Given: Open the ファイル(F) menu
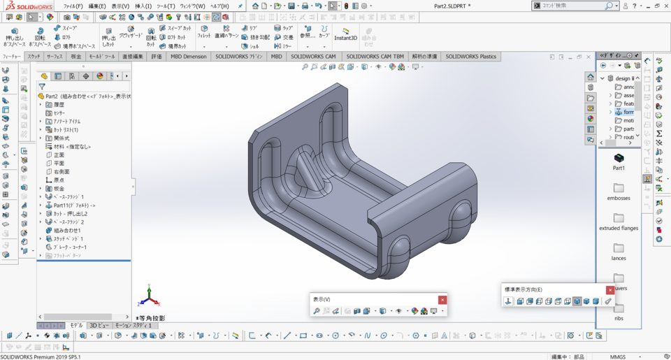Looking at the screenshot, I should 73,6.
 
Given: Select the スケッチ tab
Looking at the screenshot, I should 34,57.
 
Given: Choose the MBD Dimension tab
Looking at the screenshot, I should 189,57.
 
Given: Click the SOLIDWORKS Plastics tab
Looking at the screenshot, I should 470,57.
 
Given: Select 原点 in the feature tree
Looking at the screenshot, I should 59,180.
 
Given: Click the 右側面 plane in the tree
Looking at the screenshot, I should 61,171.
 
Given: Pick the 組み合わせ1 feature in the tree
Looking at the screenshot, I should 67,231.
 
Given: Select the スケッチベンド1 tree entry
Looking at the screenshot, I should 68,239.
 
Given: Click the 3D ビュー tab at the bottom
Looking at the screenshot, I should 99,326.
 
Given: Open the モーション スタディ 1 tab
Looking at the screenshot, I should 133,326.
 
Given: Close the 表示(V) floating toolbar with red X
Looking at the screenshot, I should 442,300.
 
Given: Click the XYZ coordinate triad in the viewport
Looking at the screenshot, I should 148,297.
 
